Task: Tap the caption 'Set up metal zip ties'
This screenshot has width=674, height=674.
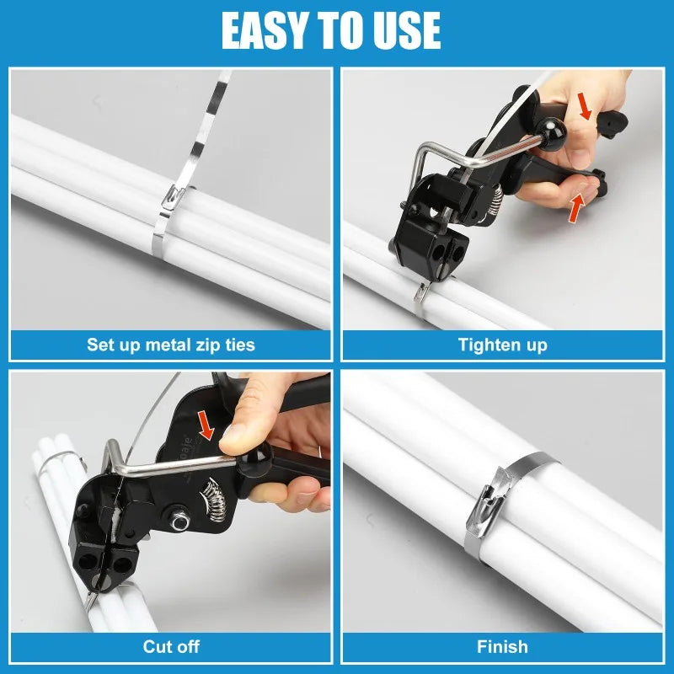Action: click(171, 345)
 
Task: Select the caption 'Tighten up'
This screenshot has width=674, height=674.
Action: click(502, 345)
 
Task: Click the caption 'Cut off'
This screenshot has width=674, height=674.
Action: click(171, 646)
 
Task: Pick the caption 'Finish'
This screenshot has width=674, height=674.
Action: click(502, 646)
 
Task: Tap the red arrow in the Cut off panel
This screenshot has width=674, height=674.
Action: click(206, 425)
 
